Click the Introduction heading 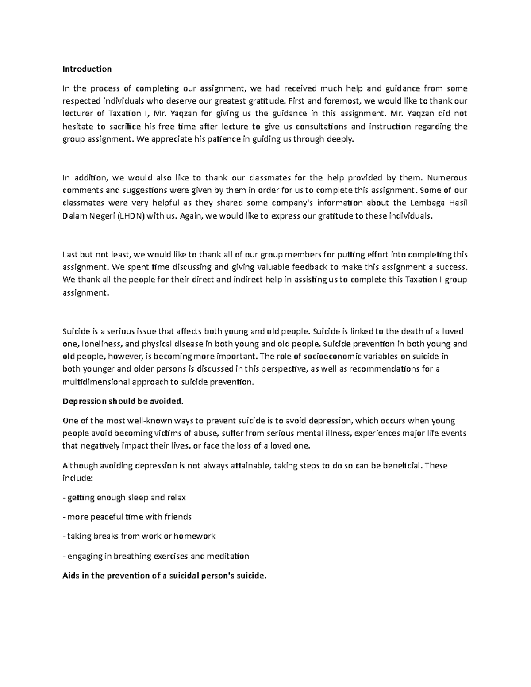click(x=87, y=69)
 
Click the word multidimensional click(x=96, y=382)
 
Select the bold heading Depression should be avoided click(x=123, y=402)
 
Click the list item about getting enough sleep click(x=124, y=498)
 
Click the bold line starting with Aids click(x=165, y=576)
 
